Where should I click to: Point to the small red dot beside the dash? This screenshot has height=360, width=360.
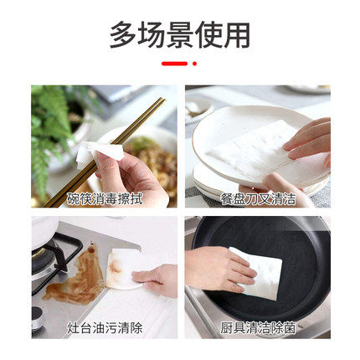point(195,64)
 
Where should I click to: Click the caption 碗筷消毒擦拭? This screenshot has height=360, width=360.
point(105,198)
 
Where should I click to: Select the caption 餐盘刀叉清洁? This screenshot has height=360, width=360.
point(258,198)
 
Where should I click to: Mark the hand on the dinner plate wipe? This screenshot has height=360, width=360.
point(310,138)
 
